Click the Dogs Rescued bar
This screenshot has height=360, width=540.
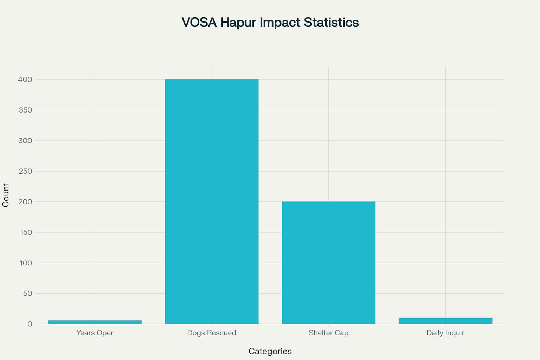[212, 201]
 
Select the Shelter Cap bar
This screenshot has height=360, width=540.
[328, 263]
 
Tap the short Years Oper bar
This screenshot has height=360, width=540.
[95, 322]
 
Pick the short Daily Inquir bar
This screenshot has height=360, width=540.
[445, 321]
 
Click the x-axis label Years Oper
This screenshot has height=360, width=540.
[95, 333]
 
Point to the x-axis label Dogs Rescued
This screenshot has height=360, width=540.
[212, 333]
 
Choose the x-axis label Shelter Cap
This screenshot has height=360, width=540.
[328, 333]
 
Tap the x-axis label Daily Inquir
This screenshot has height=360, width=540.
[445, 333]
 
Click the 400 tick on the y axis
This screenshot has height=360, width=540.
[25, 79]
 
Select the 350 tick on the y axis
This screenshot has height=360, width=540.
[25, 110]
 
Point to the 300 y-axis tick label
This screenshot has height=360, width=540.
[25, 141]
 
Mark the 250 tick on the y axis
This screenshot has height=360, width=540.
[25, 171]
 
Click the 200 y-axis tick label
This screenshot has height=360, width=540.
[25, 202]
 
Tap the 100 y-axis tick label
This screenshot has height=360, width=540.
[26, 263]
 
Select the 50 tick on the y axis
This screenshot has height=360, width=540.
[28, 294]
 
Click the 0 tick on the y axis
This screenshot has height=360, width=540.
[30, 324]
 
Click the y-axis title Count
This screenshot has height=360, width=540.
[6, 195]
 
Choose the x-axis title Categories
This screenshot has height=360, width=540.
[270, 351]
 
